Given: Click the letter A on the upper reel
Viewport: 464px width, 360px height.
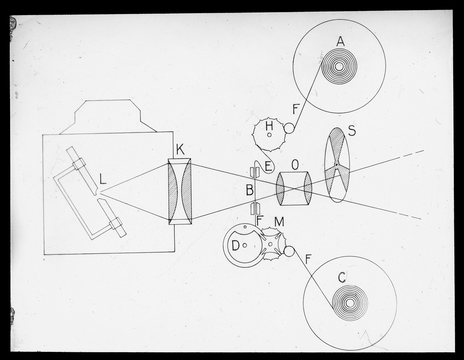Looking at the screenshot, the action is [x=340, y=41].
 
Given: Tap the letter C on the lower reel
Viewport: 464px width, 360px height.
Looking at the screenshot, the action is [x=342, y=278].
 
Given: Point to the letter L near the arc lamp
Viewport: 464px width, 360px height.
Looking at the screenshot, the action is [x=103, y=179].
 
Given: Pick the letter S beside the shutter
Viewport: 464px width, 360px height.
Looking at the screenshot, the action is [x=352, y=131].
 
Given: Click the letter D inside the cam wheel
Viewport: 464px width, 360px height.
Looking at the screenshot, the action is [x=235, y=246].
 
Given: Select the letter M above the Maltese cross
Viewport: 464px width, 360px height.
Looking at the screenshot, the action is [x=279, y=222].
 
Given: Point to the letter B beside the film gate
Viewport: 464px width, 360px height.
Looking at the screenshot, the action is [x=250, y=190].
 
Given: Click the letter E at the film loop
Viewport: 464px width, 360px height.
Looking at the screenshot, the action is [x=269, y=167].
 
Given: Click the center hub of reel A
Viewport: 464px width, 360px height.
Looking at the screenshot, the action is [x=339, y=67].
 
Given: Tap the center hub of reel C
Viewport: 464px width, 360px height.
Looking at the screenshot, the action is [x=350, y=303].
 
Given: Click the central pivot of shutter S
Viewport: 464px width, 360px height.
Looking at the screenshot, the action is [x=336, y=165].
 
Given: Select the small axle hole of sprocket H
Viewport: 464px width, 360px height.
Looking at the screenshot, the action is [x=270, y=135].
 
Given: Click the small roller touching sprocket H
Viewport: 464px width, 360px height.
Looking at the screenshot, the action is [x=289, y=128].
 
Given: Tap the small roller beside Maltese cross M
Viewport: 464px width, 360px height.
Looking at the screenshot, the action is [x=289, y=251].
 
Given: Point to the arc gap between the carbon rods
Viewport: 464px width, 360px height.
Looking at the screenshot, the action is [x=98, y=194].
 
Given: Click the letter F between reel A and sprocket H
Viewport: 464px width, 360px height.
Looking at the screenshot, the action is [x=295, y=110].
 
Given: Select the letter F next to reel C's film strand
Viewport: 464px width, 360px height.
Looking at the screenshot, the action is [x=308, y=259].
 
